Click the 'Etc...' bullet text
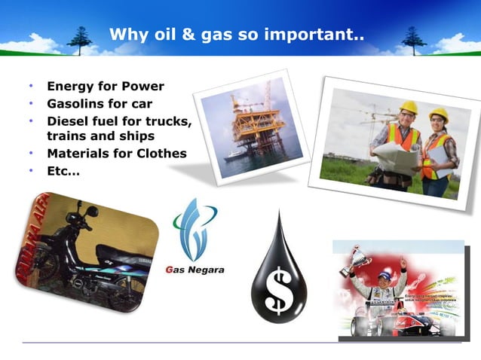coord(63,171)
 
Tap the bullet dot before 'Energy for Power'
coord(31,87)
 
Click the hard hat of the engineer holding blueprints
coord(409,107)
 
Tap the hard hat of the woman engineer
coord(439,114)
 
